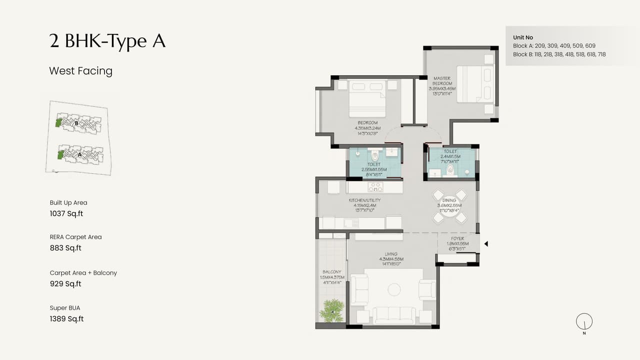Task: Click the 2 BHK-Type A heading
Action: point(107,41)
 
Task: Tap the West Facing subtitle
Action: point(80,71)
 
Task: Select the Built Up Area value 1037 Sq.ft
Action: point(66,213)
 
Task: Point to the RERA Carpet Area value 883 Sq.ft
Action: point(65,248)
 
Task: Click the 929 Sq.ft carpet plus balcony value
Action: point(65,284)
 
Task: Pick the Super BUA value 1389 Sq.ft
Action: point(66,319)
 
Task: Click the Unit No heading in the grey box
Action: point(523,37)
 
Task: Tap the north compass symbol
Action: point(584,321)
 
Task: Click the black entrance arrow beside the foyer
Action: point(485,244)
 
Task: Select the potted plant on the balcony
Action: point(331,310)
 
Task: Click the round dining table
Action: point(449,206)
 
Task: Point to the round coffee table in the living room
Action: point(394,289)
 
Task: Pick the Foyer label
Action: point(457,239)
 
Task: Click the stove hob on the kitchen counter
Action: point(375,187)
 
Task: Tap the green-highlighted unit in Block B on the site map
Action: point(59,122)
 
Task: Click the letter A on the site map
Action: point(79,155)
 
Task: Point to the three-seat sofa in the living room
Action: point(394,314)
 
